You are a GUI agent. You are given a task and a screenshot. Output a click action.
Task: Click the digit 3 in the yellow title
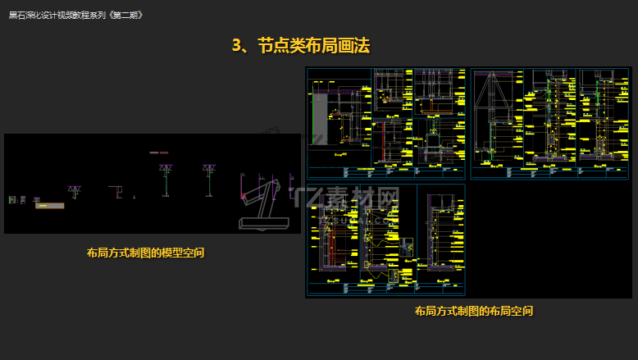pyautogui.click(x=237, y=46)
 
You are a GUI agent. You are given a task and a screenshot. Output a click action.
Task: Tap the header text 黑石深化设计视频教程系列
pyautogui.click(x=57, y=15)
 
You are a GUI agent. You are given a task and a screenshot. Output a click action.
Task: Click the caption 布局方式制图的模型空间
pyautogui.click(x=145, y=253)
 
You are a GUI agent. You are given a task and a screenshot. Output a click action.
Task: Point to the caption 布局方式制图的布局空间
pyautogui.click(x=474, y=312)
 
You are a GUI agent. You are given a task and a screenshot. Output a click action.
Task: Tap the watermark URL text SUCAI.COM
pyautogui.click(x=361, y=218)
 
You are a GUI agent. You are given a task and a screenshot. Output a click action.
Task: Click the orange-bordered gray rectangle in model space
pyautogui.click(x=49, y=206)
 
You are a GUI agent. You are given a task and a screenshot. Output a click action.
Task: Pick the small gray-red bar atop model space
pyautogui.click(x=158, y=153)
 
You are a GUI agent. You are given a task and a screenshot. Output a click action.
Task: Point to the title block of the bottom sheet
pyautogui.click(x=386, y=289)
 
